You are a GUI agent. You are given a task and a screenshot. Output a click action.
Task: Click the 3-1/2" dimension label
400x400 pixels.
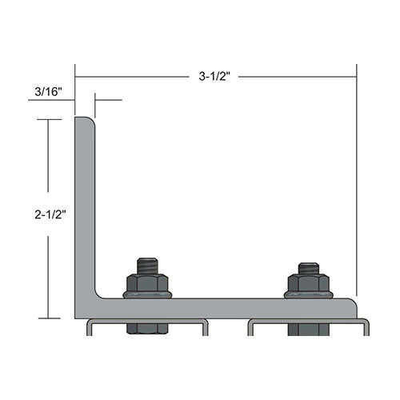click(x=215, y=78)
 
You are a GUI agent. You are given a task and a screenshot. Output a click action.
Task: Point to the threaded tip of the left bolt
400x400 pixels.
click(x=146, y=265)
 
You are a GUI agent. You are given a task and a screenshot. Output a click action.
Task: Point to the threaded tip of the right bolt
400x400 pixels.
click(x=309, y=267)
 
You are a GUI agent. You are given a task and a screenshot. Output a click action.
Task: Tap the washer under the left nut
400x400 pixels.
click(x=146, y=294)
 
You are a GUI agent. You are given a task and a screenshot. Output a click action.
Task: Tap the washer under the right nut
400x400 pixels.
click(x=309, y=294)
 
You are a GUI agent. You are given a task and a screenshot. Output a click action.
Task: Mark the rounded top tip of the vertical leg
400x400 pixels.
click(x=84, y=120)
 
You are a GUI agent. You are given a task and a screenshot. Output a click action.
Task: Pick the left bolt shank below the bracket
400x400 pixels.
click(x=146, y=327)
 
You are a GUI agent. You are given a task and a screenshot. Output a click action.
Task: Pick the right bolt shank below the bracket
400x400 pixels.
click(x=309, y=327)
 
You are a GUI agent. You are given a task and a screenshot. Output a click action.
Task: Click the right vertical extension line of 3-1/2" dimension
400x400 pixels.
click(x=357, y=184)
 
